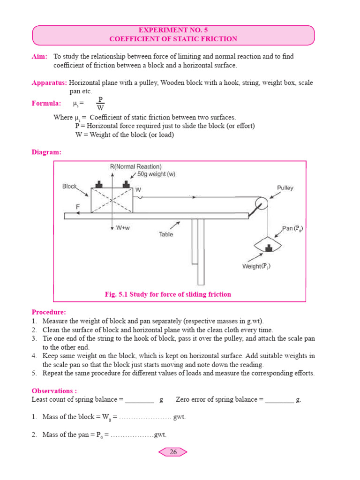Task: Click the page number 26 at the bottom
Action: coord(173,452)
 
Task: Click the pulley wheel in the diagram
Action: coord(261,203)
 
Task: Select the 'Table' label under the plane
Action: coord(166,234)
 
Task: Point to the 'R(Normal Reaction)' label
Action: coord(135,166)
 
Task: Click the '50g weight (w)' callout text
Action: coord(157,174)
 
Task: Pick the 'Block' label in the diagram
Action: coord(69,186)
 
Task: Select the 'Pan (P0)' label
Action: coord(292,229)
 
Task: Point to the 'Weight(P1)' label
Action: coord(256,266)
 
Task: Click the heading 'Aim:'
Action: coord(39,57)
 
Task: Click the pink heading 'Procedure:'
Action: coord(49,312)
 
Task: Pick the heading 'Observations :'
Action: coord(54,390)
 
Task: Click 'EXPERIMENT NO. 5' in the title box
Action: coord(173,30)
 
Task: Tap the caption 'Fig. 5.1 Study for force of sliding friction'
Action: coord(168,294)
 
